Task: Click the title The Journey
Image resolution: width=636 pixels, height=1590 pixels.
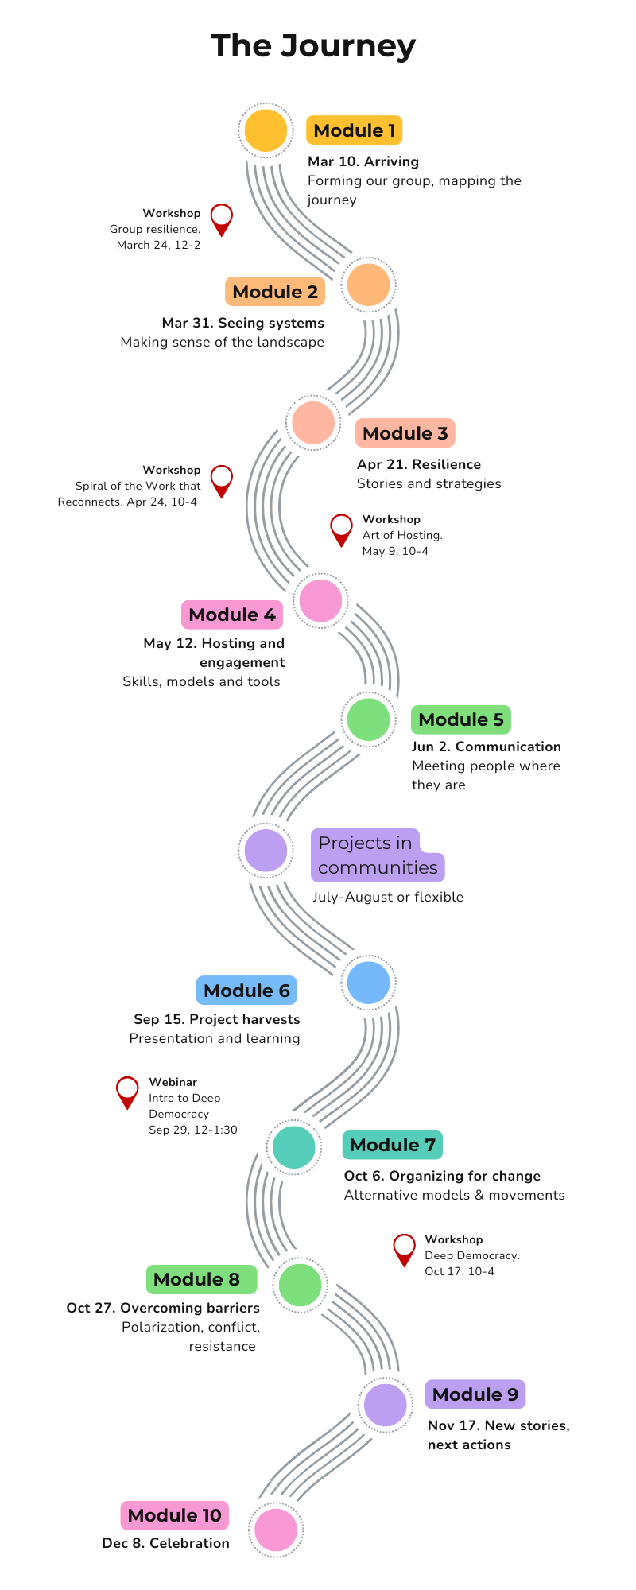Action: click(x=313, y=46)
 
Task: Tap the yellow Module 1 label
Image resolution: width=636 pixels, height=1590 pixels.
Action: click(x=354, y=130)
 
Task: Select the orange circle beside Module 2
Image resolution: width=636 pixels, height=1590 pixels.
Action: click(x=369, y=285)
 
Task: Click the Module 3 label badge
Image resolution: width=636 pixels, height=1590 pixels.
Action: click(x=405, y=433)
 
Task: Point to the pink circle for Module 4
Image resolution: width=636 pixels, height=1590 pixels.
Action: click(x=320, y=600)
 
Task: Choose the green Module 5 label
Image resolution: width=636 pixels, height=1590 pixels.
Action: click(x=460, y=719)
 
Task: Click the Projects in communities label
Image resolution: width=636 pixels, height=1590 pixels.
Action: click(x=377, y=855)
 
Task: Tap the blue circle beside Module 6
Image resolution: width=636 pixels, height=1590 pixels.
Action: click(x=369, y=983)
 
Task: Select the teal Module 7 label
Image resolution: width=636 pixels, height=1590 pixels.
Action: click(x=392, y=1145)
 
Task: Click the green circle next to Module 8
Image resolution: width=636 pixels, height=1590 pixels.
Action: click(x=301, y=1284)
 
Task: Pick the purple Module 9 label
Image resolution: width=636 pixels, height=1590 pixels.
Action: click(x=475, y=1394)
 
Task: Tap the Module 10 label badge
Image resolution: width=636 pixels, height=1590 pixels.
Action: click(x=174, y=1515)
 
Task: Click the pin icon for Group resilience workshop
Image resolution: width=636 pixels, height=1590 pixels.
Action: click(x=222, y=218)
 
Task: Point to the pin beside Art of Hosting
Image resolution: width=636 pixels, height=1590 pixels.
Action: click(x=342, y=529)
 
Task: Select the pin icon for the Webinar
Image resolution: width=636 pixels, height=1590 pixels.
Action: click(x=127, y=1091)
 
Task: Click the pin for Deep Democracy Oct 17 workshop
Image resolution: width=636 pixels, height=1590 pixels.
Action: click(x=405, y=1248)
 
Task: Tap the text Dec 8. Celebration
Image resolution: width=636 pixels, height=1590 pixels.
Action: click(x=165, y=1543)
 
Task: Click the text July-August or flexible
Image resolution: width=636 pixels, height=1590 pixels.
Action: click(x=387, y=897)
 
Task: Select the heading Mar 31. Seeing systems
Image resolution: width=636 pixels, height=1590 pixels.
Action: click(x=242, y=323)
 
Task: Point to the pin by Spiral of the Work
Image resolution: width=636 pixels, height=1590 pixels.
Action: click(x=222, y=479)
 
